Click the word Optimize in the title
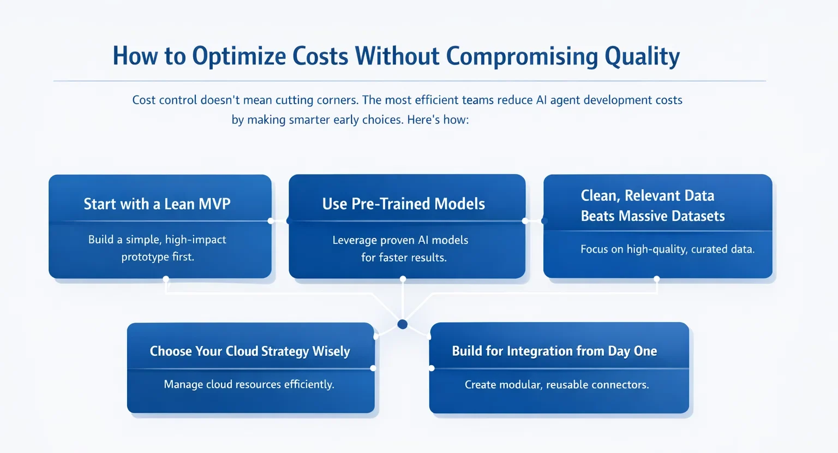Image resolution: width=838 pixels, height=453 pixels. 239,56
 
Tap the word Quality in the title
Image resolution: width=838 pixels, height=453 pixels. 642,56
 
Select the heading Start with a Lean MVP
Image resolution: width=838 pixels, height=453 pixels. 157,204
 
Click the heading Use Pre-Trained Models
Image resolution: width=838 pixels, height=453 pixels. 403,204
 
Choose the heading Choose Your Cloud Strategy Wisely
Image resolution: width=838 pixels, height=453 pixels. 250,351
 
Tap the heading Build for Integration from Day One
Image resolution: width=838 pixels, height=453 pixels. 554,351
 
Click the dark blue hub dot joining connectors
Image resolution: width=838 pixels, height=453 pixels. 403,324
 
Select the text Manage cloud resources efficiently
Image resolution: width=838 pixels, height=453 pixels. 249,384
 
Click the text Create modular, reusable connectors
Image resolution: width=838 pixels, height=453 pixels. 556,384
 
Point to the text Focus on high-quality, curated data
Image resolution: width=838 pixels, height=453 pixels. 667,249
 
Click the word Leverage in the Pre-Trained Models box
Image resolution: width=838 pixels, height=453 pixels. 355,240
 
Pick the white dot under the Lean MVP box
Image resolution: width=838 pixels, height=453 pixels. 166,279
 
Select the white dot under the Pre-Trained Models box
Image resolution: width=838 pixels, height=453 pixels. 403,279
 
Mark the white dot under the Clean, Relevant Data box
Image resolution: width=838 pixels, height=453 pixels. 656,279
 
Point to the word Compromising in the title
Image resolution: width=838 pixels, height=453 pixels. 522,56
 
